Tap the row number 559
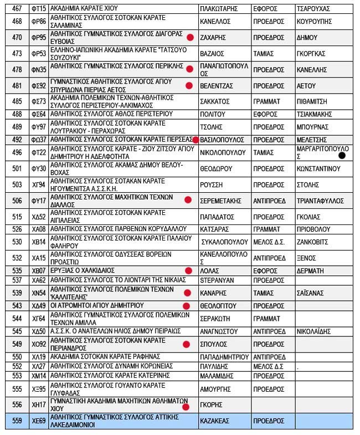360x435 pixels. pos(17,421)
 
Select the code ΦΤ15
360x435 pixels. pos(38,9)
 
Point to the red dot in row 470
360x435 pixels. pos(189,38)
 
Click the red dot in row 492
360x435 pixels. pos(196,140)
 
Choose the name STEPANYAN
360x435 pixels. pos(217,280)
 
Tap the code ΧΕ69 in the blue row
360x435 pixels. pos(38,421)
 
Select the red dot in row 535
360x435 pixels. pos(188,271)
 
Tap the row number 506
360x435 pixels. pos(17,202)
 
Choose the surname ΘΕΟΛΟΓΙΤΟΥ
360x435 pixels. pos(218,306)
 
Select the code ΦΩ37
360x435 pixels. pos(38,140)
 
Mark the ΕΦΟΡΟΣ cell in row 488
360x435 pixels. pos(264,114)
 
